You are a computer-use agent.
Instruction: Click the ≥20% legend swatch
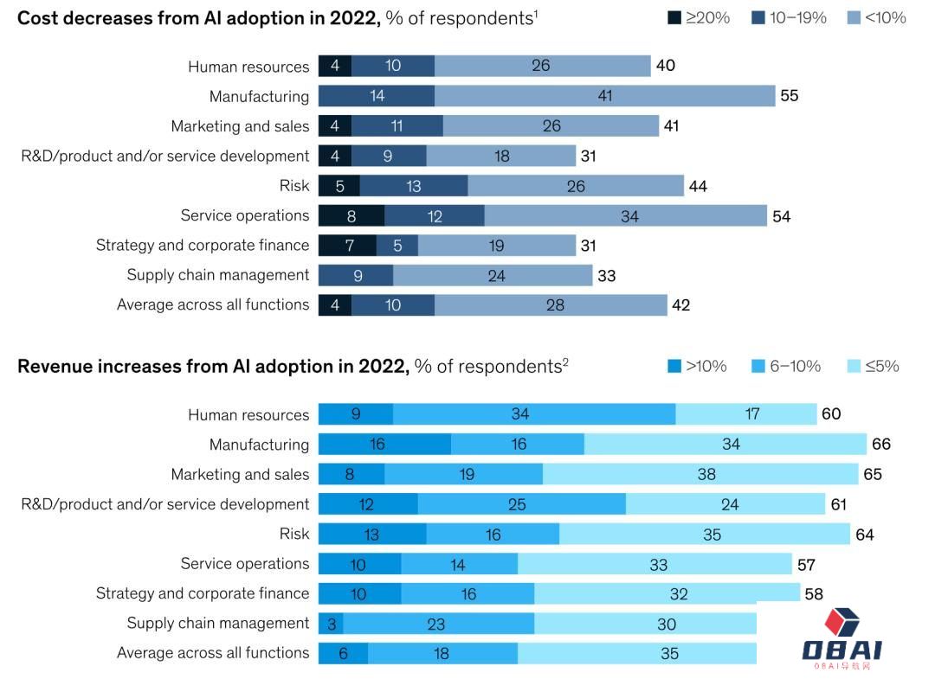pos(674,17)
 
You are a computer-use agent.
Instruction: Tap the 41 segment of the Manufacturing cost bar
pos(604,96)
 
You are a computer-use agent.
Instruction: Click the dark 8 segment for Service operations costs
pos(351,215)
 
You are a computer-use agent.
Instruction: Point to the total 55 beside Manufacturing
pos(789,96)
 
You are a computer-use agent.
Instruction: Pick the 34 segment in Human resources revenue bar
pos(519,414)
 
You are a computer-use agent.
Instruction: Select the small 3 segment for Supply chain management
pos(331,624)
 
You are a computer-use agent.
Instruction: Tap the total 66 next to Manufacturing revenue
pos(880,445)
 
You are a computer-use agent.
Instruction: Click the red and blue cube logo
pos(841,624)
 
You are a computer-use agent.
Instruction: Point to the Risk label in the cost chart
pos(294,186)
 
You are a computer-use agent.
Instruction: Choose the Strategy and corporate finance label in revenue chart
pos(203,593)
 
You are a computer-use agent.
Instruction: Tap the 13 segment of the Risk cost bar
pos(413,186)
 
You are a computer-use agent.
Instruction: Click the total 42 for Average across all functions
pos(680,304)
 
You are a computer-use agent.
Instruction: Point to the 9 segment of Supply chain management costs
pos(355,275)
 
